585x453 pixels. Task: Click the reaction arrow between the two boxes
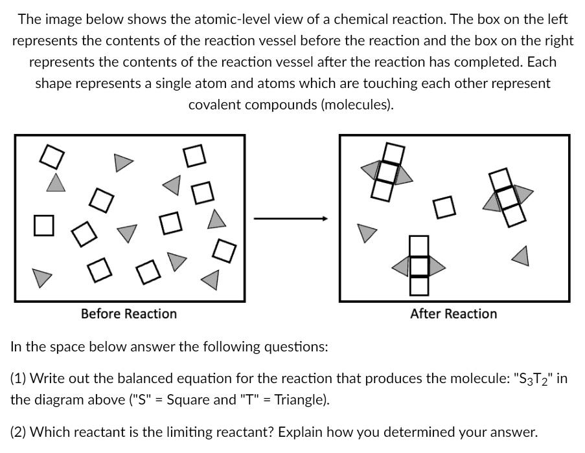click(x=292, y=219)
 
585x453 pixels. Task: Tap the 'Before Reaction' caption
click(x=129, y=314)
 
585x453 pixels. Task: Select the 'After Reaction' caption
click(x=453, y=314)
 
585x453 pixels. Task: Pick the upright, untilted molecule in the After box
click(x=419, y=265)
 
